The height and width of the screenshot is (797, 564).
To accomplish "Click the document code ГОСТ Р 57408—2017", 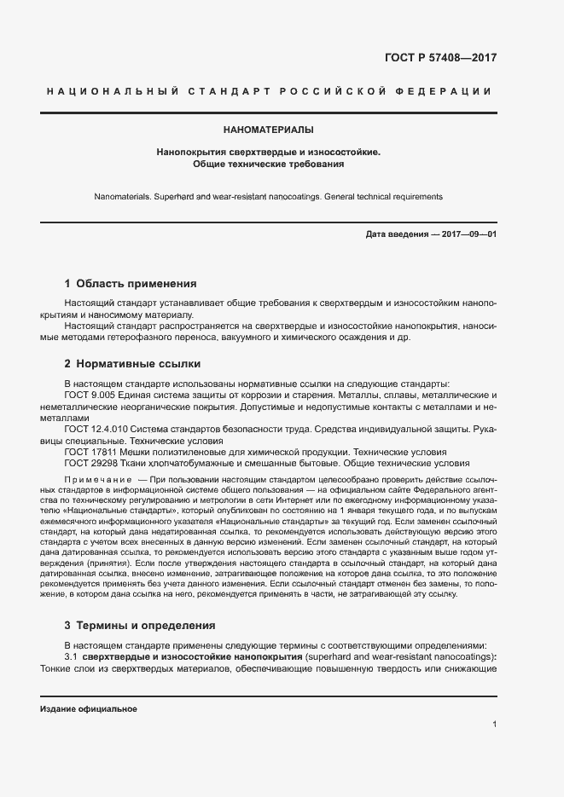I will pyautogui.click(x=440, y=58).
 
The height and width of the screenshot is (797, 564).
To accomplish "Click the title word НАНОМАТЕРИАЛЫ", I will pyautogui.click(x=268, y=130).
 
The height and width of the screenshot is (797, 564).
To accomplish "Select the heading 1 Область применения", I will pyautogui.click(x=131, y=284).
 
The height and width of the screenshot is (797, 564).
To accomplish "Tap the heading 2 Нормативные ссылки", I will pyautogui.click(x=132, y=364).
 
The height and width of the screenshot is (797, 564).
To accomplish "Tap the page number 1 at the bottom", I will pyautogui.click(x=494, y=724).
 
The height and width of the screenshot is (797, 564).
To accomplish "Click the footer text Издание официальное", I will pyautogui.click(x=89, y=709).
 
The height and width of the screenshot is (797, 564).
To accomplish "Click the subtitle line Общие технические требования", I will pyautogui.click(x=268, y=164).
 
